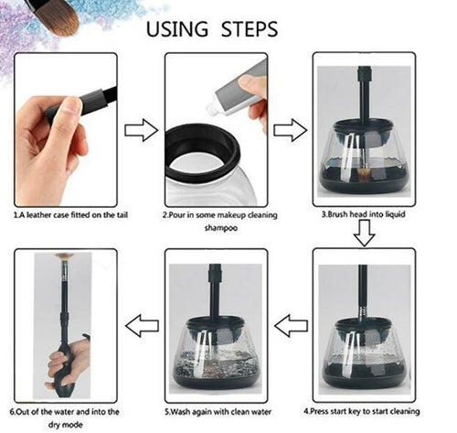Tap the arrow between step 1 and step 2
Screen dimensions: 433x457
tap(141, 129)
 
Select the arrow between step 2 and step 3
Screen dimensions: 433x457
tap(290, 129)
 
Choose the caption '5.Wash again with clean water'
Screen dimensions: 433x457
tap(217, 410)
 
